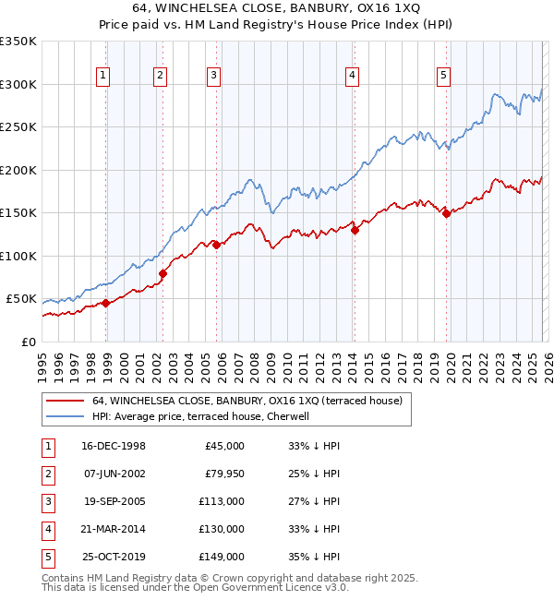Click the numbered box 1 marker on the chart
coord(102,76)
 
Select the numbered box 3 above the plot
coord(213,76)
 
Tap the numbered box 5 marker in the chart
coord(444,76)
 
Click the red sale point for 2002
coord(163,273)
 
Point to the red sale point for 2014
coord(355,231)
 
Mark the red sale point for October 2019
coord(446,213)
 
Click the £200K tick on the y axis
coord(18,170)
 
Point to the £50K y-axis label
coord(21,299)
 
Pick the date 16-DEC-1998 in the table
coord(113,446)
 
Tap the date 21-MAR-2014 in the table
coord(113,529)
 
